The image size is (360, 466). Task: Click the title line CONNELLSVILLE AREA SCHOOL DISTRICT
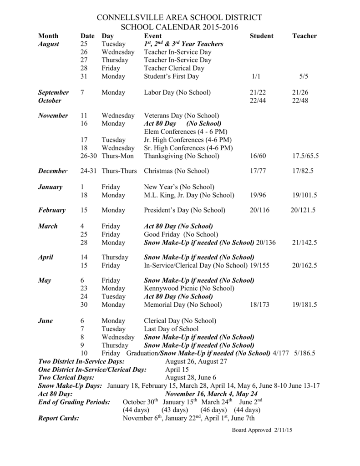point(180,17)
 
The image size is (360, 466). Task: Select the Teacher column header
point(304,36)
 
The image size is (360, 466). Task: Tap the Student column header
point(261,36)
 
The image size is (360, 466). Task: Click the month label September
point(53,92)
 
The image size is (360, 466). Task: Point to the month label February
point(52,210)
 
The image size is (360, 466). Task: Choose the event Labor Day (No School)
point(177,92)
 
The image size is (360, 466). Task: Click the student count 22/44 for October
point(258,101)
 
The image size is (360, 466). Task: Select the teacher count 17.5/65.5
point(305,156)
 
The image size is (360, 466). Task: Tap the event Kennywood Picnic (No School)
point(189,289)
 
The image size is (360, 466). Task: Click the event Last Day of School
point(171,329)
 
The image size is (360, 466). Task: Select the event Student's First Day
point(171,76)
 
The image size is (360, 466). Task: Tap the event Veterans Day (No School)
point(182,116)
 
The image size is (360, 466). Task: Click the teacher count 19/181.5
point(304,304)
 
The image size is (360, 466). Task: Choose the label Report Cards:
point(59,418)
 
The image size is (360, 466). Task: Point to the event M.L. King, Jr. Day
point(189,195)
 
